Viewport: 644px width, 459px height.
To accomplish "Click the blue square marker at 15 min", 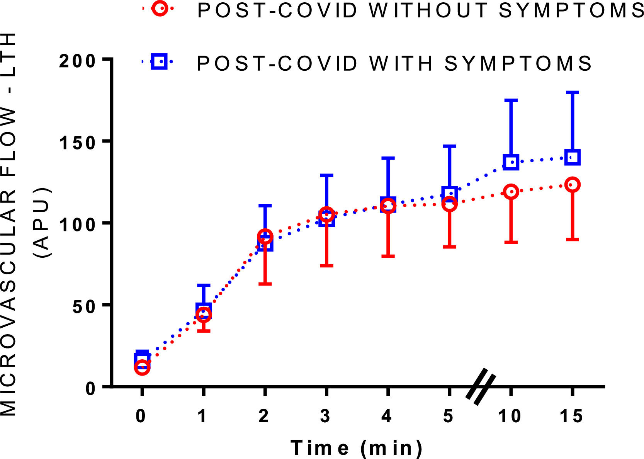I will point(572,157).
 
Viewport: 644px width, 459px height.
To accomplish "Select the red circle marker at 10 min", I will point(511,192).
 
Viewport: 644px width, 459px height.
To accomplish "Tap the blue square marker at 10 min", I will point(511,162).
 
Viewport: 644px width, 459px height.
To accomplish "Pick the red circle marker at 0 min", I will point(142,367).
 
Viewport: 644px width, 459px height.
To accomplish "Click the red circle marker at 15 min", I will point(572,185).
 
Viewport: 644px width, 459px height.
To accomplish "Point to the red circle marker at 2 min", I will point(265,236).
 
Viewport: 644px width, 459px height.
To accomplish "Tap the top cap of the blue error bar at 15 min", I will point(572,93).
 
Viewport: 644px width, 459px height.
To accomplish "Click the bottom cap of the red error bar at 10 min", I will point(511,242).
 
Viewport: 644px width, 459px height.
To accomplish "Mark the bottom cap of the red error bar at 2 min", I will point(265,284).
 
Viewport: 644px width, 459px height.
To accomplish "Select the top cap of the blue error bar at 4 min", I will point(388,158).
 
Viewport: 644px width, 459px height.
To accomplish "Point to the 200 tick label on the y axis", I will point(77,61).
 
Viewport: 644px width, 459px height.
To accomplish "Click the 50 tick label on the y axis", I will point(83,306).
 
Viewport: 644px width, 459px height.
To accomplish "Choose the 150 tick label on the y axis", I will point(77,143).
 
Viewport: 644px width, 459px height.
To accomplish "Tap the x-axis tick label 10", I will point(510,416).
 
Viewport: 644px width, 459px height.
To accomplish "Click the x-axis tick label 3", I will point(326,416).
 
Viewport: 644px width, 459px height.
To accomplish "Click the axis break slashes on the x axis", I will point(480,387).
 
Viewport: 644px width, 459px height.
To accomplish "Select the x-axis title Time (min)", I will point(356,448).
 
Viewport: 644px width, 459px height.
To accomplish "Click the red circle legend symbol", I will point(160,8).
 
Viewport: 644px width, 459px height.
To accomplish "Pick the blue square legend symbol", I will point(159,61).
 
